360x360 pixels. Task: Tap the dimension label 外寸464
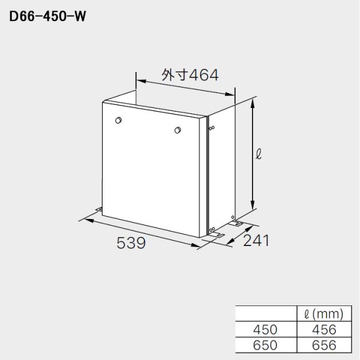pyautogui.click(x=189, y=74)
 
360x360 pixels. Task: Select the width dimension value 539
pyautogui.click(x=130, y=243)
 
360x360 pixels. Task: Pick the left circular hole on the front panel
pyautogui.click(x=118, y=121)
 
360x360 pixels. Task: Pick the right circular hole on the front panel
pyautogui.click(x=177, y=131)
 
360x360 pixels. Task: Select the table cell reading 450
pyautogui.click(x=266, y=329)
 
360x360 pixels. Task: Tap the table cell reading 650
pyautogui.click(x=266, y=345)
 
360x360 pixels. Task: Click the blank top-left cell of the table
pyautogui.click(x=266, y=314)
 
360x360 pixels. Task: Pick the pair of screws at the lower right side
pyautogui.click(x=212, y=228)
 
